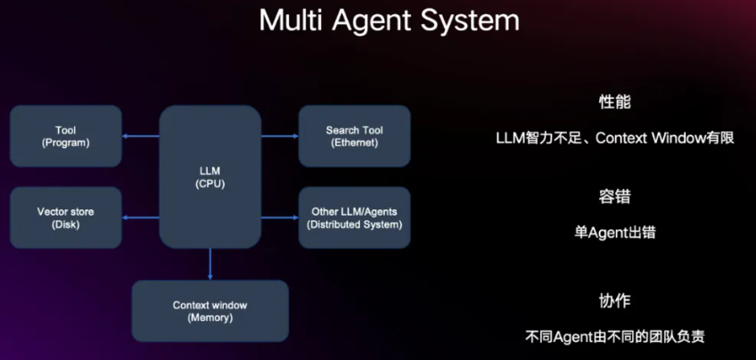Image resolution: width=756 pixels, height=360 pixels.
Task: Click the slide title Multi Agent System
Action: pos(389,20)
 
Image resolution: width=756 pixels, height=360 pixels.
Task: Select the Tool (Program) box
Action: pos(66,135)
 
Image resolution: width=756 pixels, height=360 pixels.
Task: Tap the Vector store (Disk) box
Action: pos(66,217)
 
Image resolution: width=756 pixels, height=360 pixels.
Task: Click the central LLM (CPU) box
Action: pos(210,176)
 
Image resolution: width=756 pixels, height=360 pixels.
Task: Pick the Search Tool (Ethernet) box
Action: pos(354,135)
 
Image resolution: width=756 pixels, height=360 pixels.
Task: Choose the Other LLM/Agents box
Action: pos(354,217)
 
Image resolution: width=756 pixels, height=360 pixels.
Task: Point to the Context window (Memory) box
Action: pos(210,311)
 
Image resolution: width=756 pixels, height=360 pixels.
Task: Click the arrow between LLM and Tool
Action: pos(141,136)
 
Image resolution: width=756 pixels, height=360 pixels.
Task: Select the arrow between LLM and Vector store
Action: pos(141,217)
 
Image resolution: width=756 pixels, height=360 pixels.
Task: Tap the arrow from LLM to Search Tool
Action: pos(280,136)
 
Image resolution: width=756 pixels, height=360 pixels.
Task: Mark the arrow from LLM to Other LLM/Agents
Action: pos(280,217)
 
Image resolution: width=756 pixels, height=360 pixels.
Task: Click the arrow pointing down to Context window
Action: pos(210,264)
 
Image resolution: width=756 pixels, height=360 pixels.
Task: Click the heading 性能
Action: pos(615,102)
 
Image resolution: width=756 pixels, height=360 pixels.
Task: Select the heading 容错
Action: pos(615,196)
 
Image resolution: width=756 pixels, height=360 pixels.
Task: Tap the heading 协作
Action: pos(615,300)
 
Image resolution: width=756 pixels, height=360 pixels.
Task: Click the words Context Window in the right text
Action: pos(647,138)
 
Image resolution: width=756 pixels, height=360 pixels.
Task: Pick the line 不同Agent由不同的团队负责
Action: pos(615,339)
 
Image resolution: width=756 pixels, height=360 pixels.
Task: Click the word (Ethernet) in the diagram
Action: pos(354,143)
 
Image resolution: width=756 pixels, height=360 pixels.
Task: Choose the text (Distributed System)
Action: pos(354,225)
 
